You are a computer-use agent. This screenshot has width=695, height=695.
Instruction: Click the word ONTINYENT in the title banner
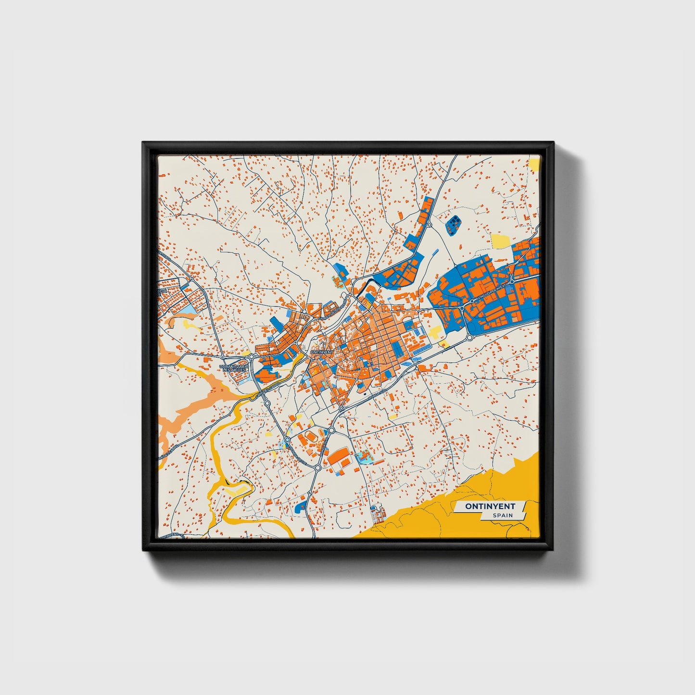click(490, 506)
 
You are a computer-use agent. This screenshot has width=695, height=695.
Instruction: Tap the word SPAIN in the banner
click(502, 515)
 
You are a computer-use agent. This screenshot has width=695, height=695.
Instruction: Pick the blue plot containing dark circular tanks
click(453, 225)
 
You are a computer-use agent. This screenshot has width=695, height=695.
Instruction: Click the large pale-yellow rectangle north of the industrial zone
click(502, 241)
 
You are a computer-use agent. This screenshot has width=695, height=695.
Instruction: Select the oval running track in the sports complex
click(308, 436)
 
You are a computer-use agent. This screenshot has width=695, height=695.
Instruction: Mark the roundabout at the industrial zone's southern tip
click(469, 337)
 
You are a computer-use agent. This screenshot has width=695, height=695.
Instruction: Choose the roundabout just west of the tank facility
click(429, 224)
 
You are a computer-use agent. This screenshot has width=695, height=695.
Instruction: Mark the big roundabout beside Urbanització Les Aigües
click(251, 356)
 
